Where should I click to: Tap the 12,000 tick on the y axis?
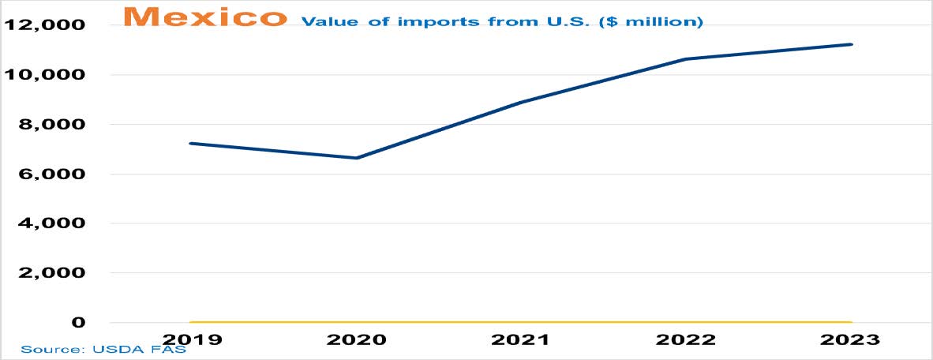46,25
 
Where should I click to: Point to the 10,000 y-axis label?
46,75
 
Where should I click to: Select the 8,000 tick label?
51,125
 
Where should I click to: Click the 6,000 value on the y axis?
51,174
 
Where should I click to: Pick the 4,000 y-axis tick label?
51,223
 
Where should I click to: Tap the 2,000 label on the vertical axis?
51,273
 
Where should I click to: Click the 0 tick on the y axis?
77,323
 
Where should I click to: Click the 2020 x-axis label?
357,339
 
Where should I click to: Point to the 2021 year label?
522,339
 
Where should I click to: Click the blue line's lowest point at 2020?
357,158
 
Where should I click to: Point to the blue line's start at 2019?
190,144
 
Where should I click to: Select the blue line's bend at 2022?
687,59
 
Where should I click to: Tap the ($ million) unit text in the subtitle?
655,22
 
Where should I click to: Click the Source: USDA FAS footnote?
103,349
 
